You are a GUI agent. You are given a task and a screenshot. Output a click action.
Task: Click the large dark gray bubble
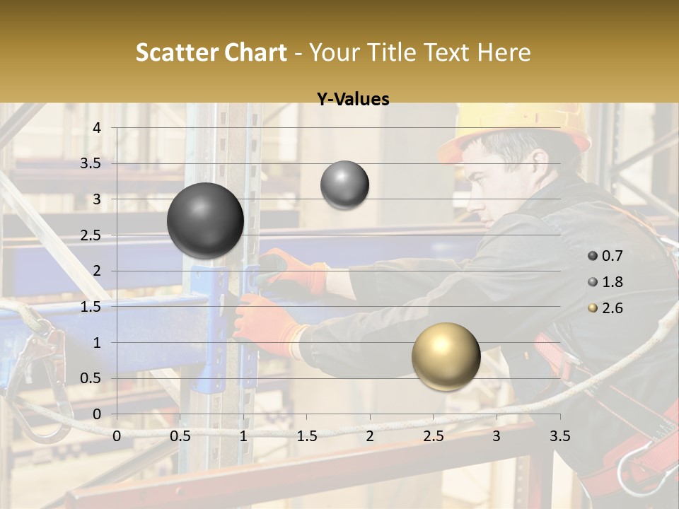[206, 221]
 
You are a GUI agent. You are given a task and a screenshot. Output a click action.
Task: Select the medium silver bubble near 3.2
[344, 185]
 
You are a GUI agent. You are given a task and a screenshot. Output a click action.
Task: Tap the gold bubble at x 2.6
[446, 356]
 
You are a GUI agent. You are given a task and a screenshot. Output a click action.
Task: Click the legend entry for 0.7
[605, 256]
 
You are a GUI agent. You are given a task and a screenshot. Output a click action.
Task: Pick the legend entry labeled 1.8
[605, 282]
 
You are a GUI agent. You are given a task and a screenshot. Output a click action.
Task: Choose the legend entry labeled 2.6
[605, 308]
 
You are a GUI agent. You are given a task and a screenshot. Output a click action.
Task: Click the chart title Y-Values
[352, 100]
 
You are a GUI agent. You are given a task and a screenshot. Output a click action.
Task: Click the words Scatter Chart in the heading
[211, 52]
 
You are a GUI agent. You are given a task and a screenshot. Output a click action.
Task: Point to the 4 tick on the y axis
[97, 128]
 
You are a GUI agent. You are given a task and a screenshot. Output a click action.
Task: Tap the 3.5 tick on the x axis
[560, 436]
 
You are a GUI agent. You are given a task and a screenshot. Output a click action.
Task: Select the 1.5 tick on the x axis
[306, 436]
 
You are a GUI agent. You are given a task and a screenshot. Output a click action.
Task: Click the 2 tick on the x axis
[370, 436]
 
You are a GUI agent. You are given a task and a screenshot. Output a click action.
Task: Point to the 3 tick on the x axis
[497, 436]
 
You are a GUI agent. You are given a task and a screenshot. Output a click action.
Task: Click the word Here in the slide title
[504, 52]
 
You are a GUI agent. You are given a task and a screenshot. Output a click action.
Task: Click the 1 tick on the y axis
[97, 343]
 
